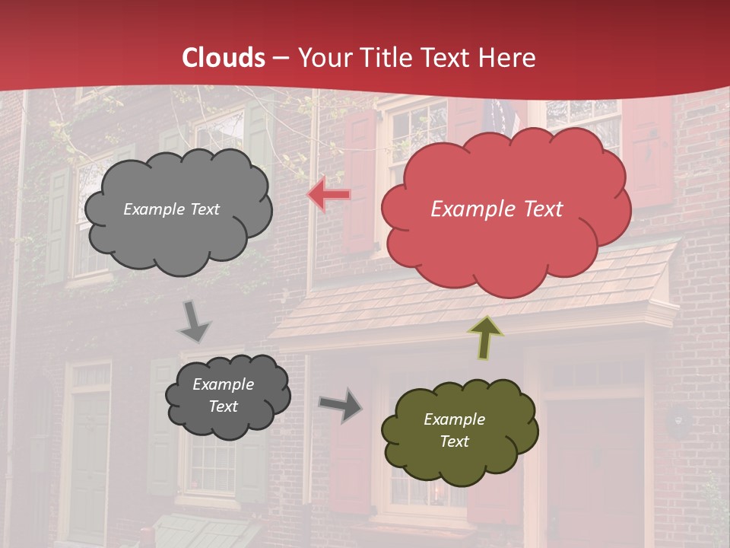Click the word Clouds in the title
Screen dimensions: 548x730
224,58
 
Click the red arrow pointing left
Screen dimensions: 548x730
329,195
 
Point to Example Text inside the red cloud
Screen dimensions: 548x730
497,209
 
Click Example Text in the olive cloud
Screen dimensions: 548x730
454,430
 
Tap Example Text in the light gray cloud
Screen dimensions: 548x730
171,209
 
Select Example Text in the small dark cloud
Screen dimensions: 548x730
223,396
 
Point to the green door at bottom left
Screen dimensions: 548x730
90,464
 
